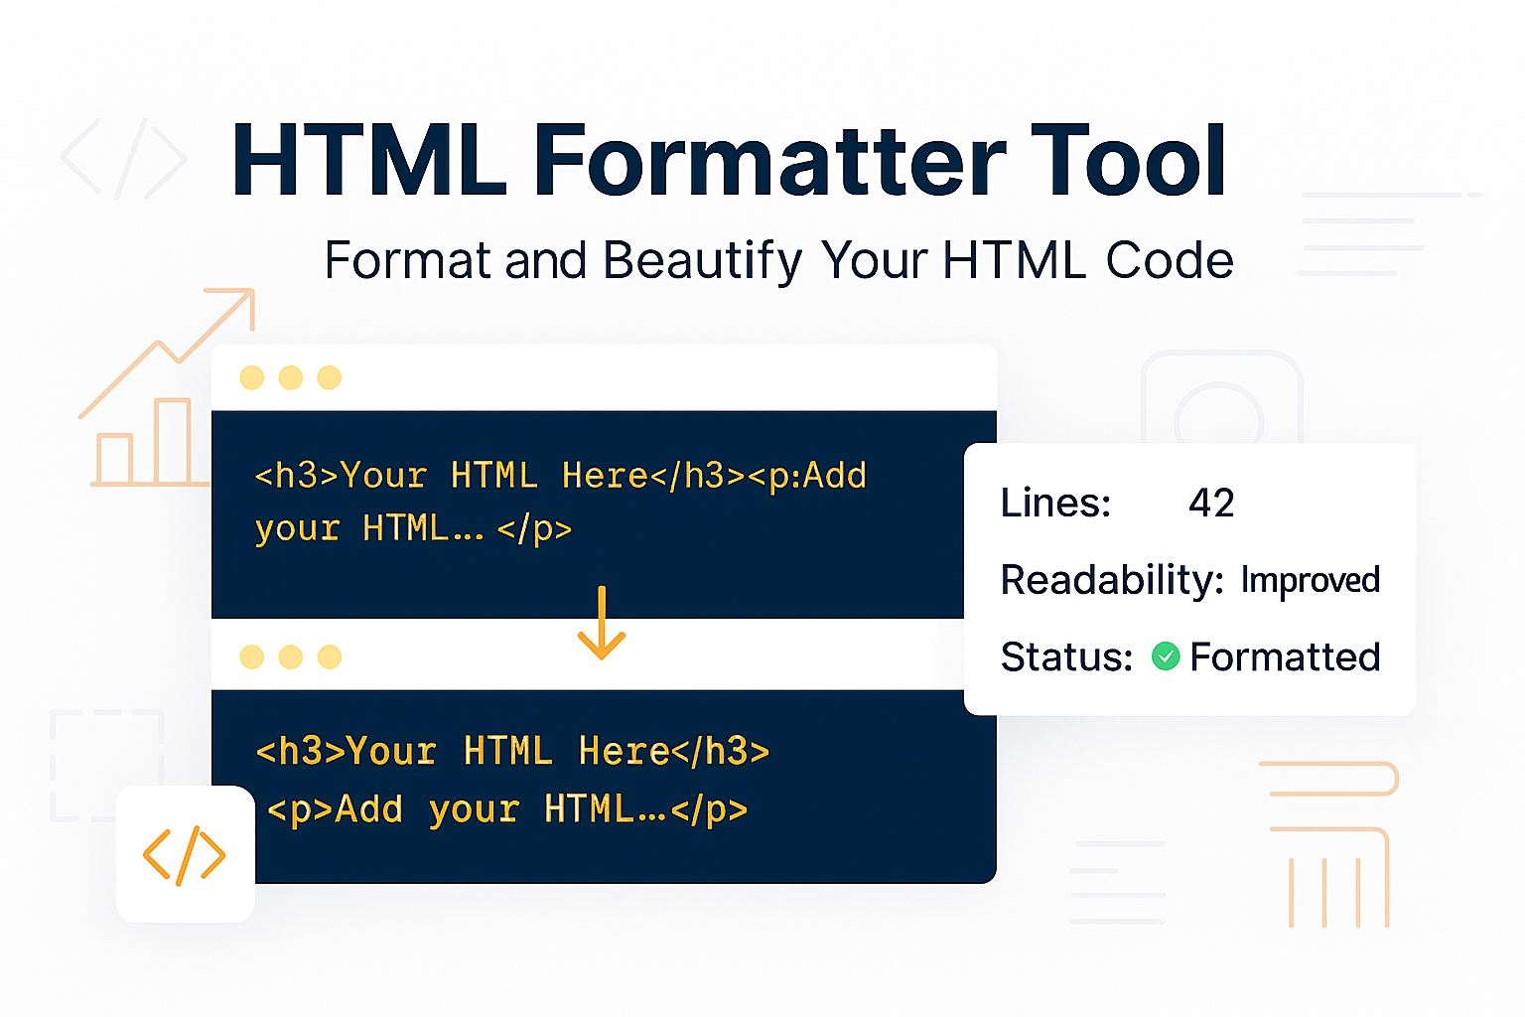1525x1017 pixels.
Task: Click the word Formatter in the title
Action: (769, 161)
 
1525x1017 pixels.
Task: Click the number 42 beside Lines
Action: (1211, 504)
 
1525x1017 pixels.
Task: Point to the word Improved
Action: (1311, 580)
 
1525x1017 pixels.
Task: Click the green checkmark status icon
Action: (1166, 656)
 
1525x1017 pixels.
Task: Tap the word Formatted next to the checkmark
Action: (1286, 657)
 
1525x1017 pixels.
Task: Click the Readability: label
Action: (1112, 580)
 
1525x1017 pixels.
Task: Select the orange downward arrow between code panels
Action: (602, 623)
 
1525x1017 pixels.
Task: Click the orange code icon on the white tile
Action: (184, 855)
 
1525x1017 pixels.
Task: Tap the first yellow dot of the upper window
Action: (252, 377)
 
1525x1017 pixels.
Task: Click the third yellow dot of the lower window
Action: (330, 657)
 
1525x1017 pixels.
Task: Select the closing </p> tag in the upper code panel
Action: (534, 530)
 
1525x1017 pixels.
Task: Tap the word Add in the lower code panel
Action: (369, 810)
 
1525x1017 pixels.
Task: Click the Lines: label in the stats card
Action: (1055, 504)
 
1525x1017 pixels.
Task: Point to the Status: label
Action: (1066, 657)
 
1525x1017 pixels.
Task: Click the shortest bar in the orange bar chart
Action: (114, 459)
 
